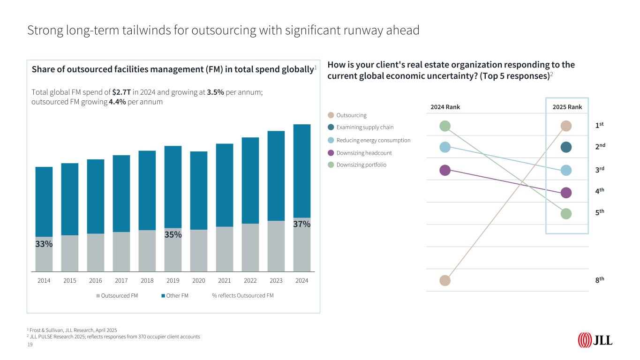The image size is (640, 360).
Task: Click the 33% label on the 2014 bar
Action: click(x=44, y=244)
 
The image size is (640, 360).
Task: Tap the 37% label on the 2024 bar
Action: click(x=301, y=224)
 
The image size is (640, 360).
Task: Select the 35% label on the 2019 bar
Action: click(x=173, y=234)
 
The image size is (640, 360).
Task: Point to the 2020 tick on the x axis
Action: click(x=199, y=281)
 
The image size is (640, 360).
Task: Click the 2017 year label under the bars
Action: click(x=121, y=281)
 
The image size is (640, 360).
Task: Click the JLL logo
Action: click(x=595, y=340)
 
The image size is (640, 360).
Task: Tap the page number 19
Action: click(x=30, y=345)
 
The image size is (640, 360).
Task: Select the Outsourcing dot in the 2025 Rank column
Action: click(x=566, y=126)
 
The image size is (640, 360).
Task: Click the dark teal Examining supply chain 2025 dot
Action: click(x=566, y=147)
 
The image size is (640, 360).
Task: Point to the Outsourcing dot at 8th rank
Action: click(x=445, y=280)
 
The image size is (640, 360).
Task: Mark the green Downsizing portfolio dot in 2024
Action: click(x=445, y=126)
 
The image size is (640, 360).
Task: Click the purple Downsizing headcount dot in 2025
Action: click(x=566, y=193)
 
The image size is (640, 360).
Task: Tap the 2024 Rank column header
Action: click(x=445, y=107)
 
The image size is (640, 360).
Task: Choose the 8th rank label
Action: click(x=599, y=279)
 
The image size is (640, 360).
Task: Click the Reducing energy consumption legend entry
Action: click(x=373, y=140)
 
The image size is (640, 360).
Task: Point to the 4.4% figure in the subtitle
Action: click(x=117, y=102)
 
